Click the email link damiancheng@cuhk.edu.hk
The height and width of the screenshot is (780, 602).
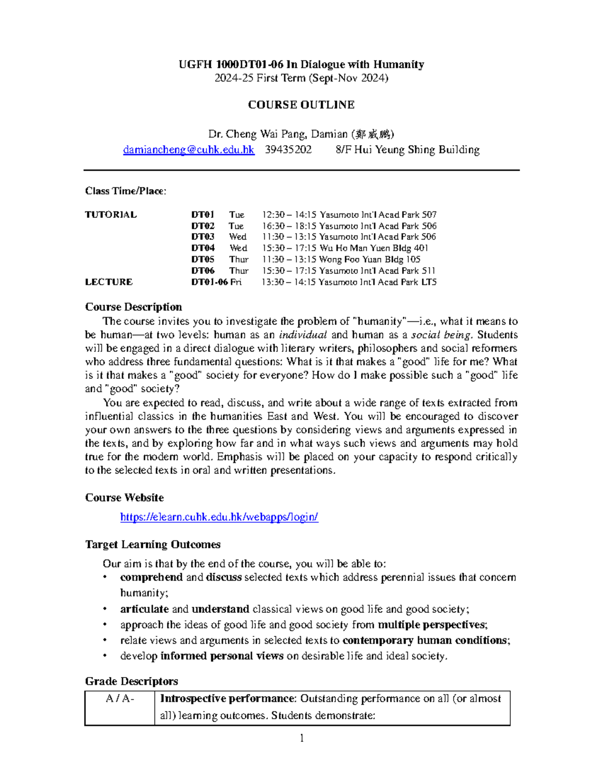189,150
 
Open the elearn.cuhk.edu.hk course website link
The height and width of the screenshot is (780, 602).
219,517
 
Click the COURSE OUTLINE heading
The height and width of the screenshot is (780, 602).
301,104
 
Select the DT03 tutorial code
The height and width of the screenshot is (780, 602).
203,237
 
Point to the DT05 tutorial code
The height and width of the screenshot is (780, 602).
203,259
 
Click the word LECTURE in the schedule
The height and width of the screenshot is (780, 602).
109,282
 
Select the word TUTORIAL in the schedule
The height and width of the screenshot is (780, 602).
111,214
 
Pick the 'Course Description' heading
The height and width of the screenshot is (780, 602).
133,307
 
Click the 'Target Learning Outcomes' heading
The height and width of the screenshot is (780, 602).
153,544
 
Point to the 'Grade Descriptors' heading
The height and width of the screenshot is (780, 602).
131,681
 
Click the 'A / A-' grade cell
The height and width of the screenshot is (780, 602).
120,699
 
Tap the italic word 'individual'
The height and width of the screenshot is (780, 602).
303,335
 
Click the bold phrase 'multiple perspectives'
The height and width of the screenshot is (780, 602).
432,625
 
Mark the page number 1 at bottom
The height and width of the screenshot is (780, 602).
302,738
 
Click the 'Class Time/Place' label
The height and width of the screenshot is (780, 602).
125,191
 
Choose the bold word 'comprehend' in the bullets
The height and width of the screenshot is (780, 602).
151,578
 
